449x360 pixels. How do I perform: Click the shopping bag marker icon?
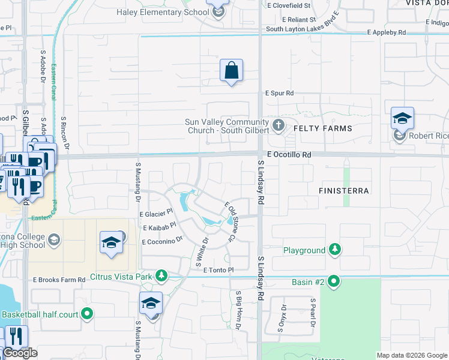(x=231, y=71)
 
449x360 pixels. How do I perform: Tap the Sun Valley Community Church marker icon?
(x=278, y=126)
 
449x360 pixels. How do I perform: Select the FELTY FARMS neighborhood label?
(x=322, y=128)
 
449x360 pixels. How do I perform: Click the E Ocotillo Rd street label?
(x=289, y=154)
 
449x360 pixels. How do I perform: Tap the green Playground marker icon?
(x=335, y=250)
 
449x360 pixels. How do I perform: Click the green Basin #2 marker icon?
(x=334, y=281)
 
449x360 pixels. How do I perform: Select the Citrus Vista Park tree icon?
(x=161, y=277)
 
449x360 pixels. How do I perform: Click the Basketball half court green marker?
(x=87, y=314)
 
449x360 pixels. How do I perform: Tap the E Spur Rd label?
(x=279, y=93)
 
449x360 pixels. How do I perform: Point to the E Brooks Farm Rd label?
(x=59, y=280)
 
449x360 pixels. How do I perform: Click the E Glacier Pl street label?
(x=156, y=213)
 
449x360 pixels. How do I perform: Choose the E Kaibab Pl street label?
(x=159, y=227)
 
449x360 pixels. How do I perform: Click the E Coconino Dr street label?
(x=161, y=241)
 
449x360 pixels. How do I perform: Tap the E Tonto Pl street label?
(x=218, y=271)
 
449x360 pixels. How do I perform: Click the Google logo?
(x=20, y=353)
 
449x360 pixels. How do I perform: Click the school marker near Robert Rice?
(x=402, y=118)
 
